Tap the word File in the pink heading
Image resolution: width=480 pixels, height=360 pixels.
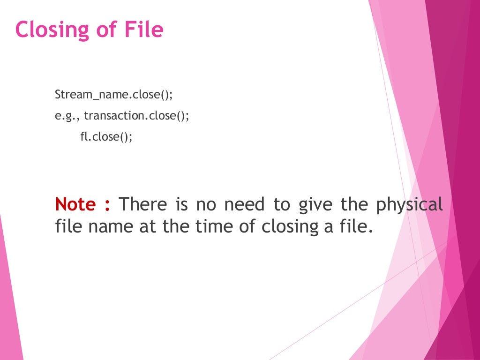pos(144,30)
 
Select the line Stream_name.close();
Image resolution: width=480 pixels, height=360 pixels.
pos(114,94)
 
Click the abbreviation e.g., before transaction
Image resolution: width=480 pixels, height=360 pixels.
pos(67,116)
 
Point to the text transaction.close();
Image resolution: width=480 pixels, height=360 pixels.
pos(137,116)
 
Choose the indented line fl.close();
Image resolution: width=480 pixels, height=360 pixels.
pos(106,137)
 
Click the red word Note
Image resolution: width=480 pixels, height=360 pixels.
pos(75,204)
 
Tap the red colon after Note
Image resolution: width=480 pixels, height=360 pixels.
pos(107,205)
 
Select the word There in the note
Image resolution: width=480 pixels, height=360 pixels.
pos(143,204)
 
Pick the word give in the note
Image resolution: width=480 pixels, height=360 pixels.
pos(319,205)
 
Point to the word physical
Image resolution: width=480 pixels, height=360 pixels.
pos(409,205)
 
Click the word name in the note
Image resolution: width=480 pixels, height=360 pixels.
pos(110,226)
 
